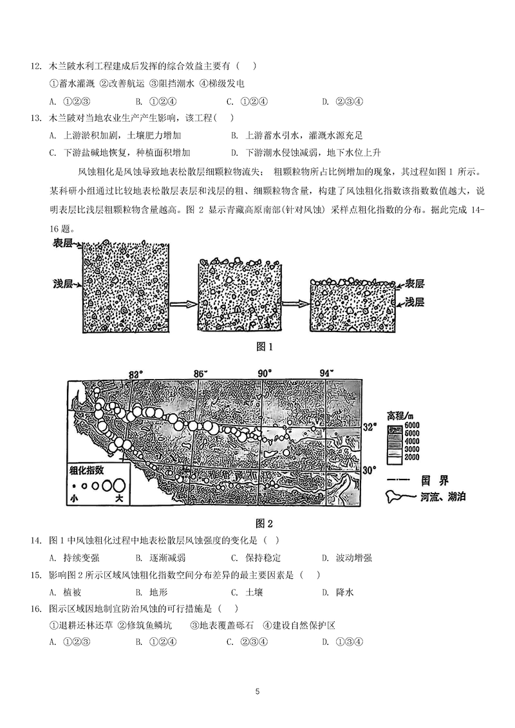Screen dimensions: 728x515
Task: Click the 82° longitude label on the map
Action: (x=135, y=375)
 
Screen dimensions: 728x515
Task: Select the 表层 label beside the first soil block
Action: (x=62, y=245)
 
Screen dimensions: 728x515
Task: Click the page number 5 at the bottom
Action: (x=257, y=692)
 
